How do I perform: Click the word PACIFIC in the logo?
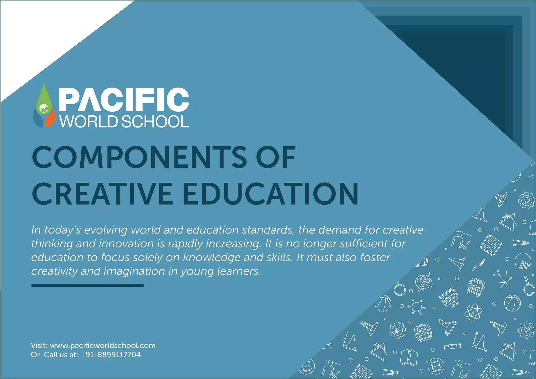click(x=124, y=100)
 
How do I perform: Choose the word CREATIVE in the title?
click(x=102, y=194)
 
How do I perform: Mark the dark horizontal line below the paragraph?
click(x=88, y=286)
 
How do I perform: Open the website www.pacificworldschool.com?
click(x=103, y=345)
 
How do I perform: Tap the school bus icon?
click(x=476, y=286)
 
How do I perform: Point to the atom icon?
click(x=473, y=312)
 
